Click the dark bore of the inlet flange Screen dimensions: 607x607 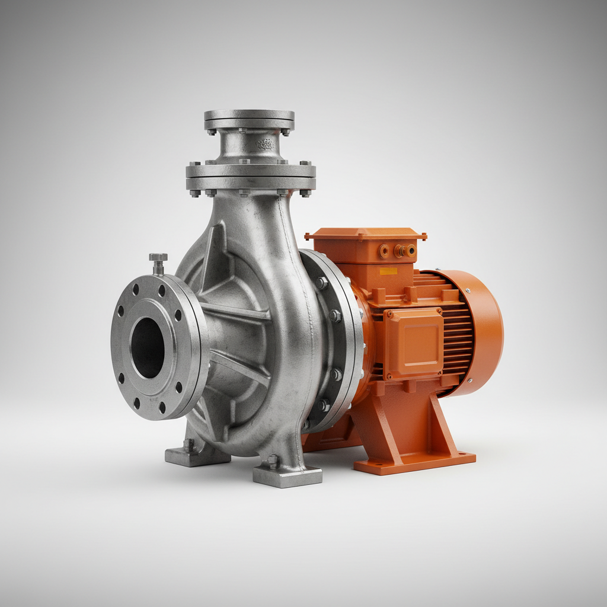pos(147,348)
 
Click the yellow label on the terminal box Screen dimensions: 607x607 pos(388,271)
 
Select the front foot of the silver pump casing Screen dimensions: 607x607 pos(287,474)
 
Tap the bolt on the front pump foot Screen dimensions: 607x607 pos(273,461)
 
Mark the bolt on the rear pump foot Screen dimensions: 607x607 pos(189,444)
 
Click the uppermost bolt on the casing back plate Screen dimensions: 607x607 pos(321,283)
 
